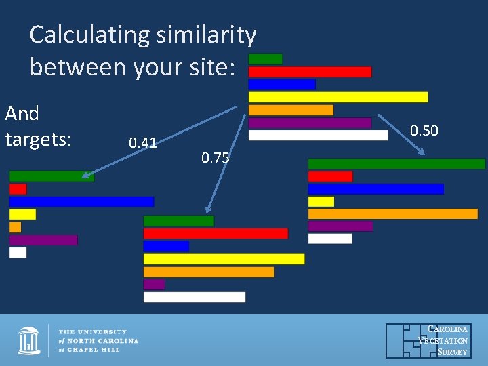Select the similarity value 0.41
tap(143, 142)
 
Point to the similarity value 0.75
tap(216, 159)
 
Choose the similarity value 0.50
tap(424, 131)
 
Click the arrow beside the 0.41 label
tap(159, 143)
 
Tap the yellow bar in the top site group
tap(338, 97)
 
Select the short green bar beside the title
tap(265, 59)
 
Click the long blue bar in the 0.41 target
tap(81, 202)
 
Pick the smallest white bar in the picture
tap(18, 252)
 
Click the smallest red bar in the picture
tap(18, 189)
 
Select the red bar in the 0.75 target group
tap(216, 233)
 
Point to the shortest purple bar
tap(154, 284)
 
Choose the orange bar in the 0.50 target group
tap(392, 213)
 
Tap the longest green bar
tap(396, 164)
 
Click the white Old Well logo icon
tap(29, 340)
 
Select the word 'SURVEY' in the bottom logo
tap(452, 352)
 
